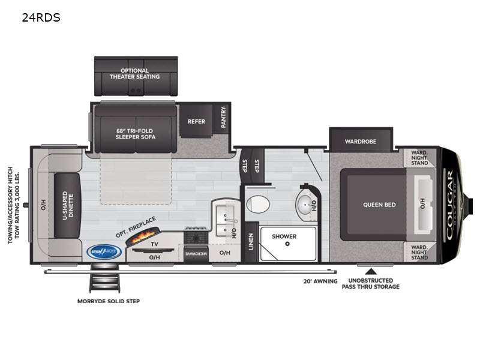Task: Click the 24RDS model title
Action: tap(41, 17)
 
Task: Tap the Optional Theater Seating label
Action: tap(134, 74)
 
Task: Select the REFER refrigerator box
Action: tap(196, 121)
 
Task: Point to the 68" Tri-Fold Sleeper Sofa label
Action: tap(136, 133)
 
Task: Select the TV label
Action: tap(154, 244)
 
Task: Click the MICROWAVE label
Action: tap(196, 254)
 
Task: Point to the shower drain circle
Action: tap(287, 244)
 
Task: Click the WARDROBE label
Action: tap(360, 142)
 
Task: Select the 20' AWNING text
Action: tap(320, 281)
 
